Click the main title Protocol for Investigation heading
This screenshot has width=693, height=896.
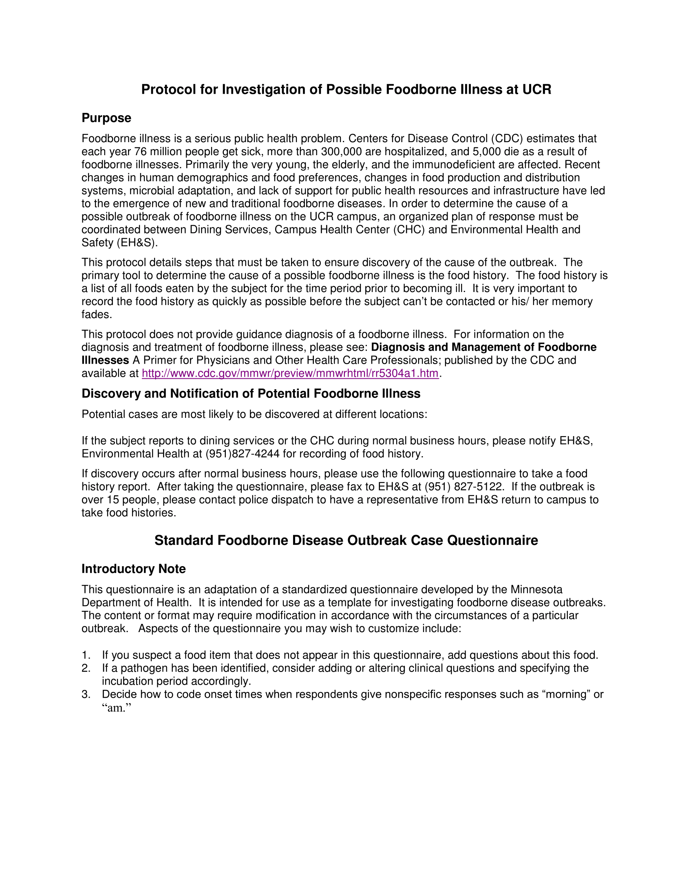[346, 90]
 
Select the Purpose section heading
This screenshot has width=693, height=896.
[106, 118]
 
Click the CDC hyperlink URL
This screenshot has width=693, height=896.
[290, 373]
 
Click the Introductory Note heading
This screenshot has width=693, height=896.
[133, 569]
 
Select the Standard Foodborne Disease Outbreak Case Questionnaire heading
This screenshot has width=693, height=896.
[346, 540]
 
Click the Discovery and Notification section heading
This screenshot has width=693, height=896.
[251, 394]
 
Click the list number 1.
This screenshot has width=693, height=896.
[85, 655]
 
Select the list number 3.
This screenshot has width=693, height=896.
[85, 694]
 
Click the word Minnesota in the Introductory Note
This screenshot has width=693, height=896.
[536, 590]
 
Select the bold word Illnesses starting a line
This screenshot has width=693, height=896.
[105, 360]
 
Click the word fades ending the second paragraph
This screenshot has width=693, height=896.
[96, 315]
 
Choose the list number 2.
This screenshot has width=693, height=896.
[85, 668]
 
